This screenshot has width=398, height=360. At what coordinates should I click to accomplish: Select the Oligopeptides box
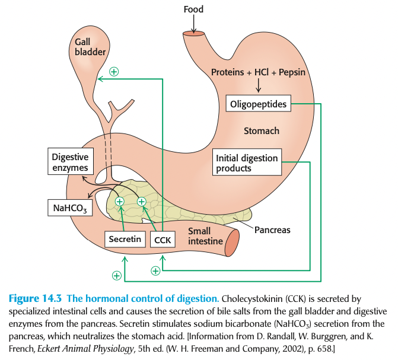point(259,104)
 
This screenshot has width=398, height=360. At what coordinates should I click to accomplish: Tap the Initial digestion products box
point(246,163)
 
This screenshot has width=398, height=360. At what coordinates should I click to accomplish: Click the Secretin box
point(125,240)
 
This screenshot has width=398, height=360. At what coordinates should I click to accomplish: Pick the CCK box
point(161,240)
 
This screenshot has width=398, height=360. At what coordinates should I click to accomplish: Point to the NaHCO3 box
point(70,208)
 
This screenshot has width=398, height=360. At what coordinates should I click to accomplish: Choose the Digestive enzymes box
point(70,163)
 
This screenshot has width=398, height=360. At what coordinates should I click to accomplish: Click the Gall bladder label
point(90,47)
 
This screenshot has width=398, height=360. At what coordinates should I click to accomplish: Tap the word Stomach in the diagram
point(261,131)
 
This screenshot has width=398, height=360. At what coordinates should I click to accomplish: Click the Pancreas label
point(272,230)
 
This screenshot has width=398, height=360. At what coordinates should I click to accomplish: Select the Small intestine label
point(205,236)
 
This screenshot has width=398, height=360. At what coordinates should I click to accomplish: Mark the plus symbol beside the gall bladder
point(113,71)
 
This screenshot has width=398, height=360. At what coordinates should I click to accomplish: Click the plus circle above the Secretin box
point(120,202)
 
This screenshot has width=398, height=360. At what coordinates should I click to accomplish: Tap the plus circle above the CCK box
point(142,202)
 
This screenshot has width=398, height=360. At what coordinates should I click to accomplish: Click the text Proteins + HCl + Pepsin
point(259,72)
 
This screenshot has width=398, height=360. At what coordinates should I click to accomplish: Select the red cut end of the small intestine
point(233,241)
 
